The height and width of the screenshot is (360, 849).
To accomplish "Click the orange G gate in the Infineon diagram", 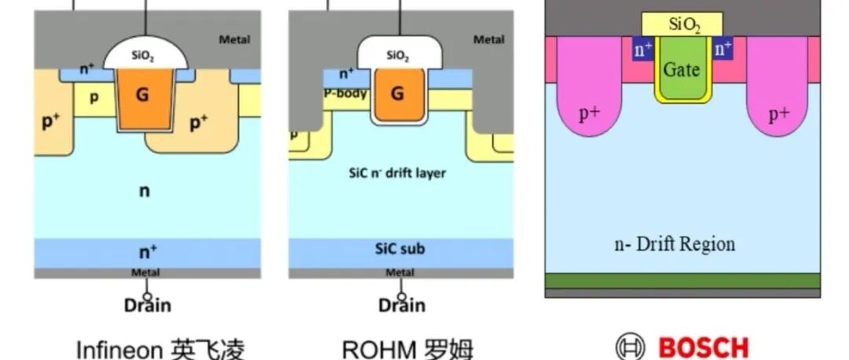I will point(142,96).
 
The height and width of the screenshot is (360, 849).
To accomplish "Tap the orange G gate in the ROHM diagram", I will point(397,94).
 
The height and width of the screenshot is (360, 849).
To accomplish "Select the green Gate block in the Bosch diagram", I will point(682,71).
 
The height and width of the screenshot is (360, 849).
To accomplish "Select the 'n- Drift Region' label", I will point(674,244).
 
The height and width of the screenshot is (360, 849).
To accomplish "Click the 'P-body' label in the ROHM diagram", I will point(344,92).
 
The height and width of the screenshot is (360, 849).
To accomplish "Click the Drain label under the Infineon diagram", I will point(147,305).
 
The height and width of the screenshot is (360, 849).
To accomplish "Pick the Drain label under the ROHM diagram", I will point(402,305).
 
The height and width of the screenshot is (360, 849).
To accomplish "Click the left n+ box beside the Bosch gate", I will point(644,50).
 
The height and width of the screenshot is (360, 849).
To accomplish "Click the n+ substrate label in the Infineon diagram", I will point(147,252).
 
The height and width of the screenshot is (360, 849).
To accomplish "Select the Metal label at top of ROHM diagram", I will point(489,39).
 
